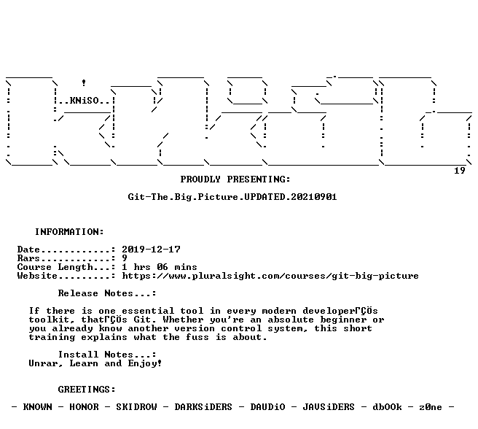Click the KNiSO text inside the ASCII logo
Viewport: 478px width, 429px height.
(85, 101)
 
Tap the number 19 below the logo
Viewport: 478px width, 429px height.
(459, 171)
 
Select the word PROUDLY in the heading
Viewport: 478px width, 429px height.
(200, 179)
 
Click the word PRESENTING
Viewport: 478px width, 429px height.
(259, 179)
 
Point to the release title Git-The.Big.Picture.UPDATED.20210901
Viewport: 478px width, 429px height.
(232, 197)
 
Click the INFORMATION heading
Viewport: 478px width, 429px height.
(69, 232)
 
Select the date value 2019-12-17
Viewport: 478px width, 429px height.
(152, 250)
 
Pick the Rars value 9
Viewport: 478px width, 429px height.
(125, 258)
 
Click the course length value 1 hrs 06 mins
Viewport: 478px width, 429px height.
(160, 267)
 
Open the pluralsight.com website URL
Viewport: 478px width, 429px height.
(270, 276)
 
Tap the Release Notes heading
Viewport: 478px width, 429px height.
(107, 293)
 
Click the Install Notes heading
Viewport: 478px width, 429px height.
(107, 355)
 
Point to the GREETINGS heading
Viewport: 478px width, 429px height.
(87, 390)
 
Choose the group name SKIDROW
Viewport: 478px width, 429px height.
(136, 407)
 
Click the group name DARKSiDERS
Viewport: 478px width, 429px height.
(203, 407)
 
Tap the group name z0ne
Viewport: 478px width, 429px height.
(431, 407)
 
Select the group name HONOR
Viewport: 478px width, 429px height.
(84, 407)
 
